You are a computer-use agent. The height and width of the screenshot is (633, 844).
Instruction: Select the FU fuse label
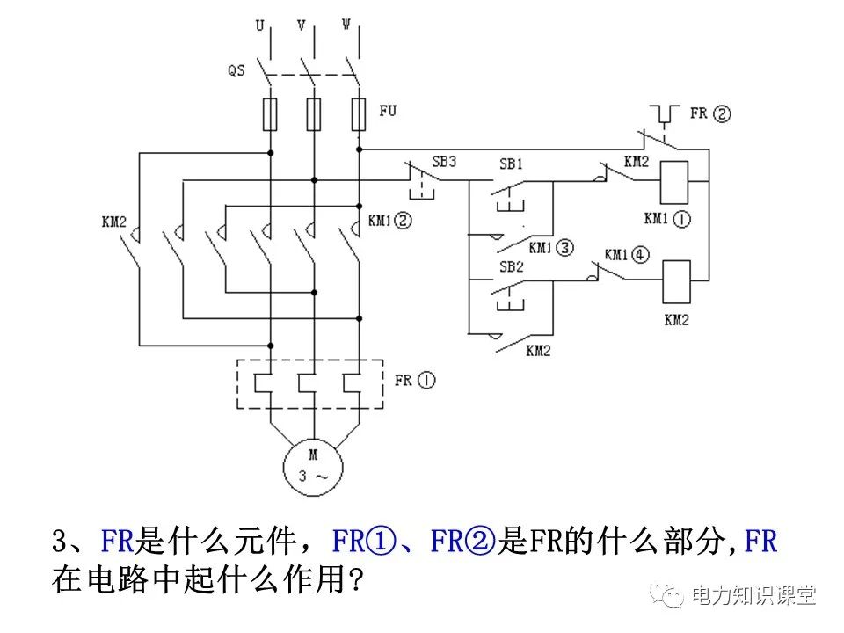click(x=388, y=112)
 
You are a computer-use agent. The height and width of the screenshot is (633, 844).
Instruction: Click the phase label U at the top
click(x=259, y=26)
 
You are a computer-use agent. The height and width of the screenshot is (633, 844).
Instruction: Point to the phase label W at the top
click(x=346, y=26)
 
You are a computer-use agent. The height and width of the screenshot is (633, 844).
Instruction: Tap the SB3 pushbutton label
click(x=444, y=163)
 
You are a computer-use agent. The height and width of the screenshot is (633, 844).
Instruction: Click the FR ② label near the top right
click(x=709, y=113)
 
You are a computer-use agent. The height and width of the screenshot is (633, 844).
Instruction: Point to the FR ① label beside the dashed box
click(x=414, y=381)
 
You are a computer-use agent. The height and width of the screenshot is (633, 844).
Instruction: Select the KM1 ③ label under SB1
click(x=551, y=248)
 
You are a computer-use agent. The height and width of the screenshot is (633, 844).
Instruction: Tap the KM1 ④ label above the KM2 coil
click(x=626, y=254)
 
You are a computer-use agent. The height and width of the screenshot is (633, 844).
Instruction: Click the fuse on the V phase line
click(x=314, y=115)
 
